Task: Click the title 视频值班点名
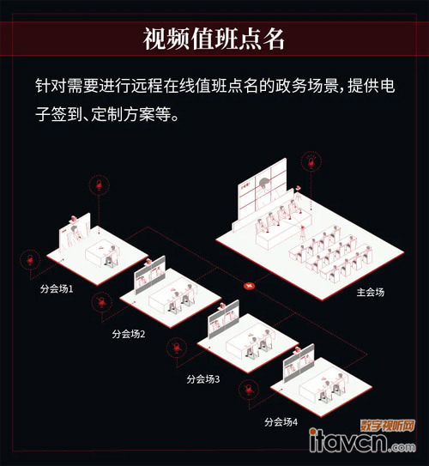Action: pyautogui.click(x=214, y=39)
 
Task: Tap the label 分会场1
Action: pyautogui.click(x=57, y=289)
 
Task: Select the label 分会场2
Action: pyautogui.click(x=129, y=334)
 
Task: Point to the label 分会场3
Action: pyautogui.click(x=203, y=379)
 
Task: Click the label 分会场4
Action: pyautogui.click(x=281, y=422)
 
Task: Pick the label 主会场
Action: pyautogui.click(x=371, y=292)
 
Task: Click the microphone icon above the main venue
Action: pyautogui.click(x=311, y=162)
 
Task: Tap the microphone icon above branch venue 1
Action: pyautogui.click(x=100, y=185)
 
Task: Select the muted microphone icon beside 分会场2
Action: pyautogui.click(x=102, y=303)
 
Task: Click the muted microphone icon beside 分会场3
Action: pyautogui.click(x=177, y=348)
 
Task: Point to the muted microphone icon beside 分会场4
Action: pyautogui.click(x=249, y=390)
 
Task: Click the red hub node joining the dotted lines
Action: pyautogui.click(x=250, y=286)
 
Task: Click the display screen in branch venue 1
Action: pyautogui.click(x=75, y=233)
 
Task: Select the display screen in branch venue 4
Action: pyautogui.click(x=299, y=364)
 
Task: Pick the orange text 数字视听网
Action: pyautogui.click(x=388, y=426)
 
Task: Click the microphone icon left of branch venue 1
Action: pyautogui.click(x=30, y=260)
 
